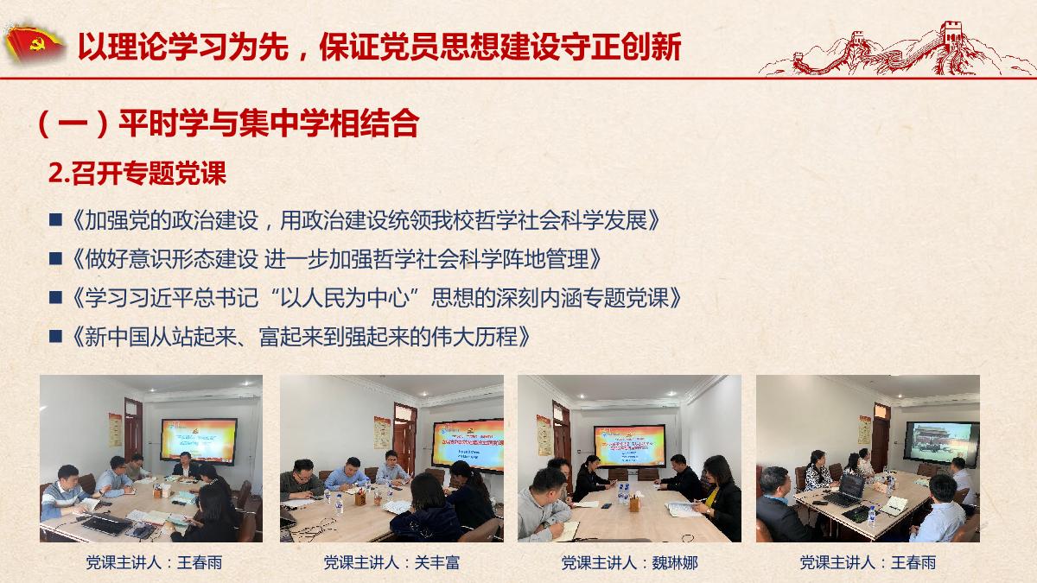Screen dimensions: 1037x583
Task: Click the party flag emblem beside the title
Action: click(x=34, y=44)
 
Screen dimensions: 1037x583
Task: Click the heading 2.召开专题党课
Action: click(x=137, y=174)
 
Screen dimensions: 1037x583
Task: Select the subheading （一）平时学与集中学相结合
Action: click(x=228, y=124)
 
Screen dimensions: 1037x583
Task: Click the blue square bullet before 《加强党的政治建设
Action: click(x=55, y=219)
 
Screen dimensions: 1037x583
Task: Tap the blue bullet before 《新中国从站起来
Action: click(x=55, y=336)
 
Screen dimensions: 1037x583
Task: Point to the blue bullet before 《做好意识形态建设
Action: click(x=55, y=258)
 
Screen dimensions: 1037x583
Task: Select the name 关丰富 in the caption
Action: click(x=436, y=562)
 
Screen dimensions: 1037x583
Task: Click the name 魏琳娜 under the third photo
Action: click(x=675, y=562)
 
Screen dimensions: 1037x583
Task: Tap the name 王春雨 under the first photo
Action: click(x=200, y=562)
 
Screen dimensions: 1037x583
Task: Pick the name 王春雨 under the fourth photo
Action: click(x=913, y=562)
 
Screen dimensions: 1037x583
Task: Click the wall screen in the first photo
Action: click(x=199, y=440)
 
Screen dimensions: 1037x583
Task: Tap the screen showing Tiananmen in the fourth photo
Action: click(x=942, y=443)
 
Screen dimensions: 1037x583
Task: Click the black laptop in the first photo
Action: click(x=106, y=523)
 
